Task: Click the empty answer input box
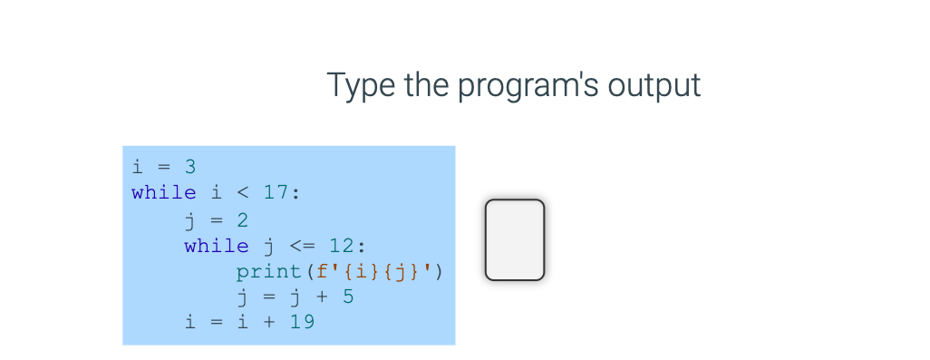[x=514, y=239]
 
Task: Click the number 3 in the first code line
[x=190, y=167]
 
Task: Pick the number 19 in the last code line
[x=302, y=321]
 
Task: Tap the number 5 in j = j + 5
[x=348, y=297]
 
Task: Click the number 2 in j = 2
[x=243, y=219]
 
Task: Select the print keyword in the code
[x=269, y=271]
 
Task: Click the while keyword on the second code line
[x=163, y=192]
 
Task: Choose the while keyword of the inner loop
[x=216, y=246]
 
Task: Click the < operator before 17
[x=242, y=192]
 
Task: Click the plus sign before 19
[x=269, y=321]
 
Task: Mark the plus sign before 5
[x=322, y=297]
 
